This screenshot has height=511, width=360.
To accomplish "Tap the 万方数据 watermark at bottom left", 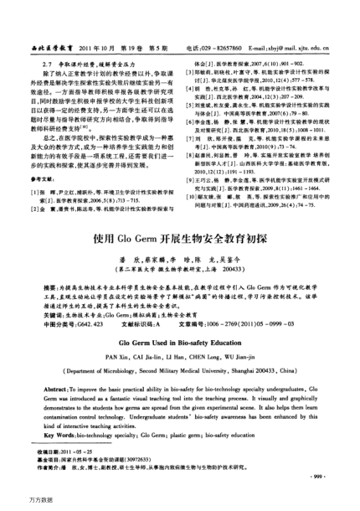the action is point(18,504).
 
